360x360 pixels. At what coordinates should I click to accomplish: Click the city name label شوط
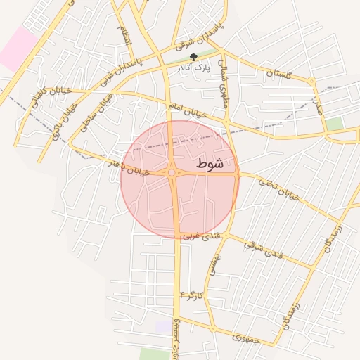coord(210,164)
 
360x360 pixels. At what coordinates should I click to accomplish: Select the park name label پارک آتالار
coord(194,69)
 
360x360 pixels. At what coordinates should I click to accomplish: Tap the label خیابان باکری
coord(66,117)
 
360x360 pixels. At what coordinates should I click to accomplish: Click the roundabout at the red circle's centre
coord(172,172)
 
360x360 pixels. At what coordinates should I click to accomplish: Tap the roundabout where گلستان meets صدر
coord(311,83)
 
